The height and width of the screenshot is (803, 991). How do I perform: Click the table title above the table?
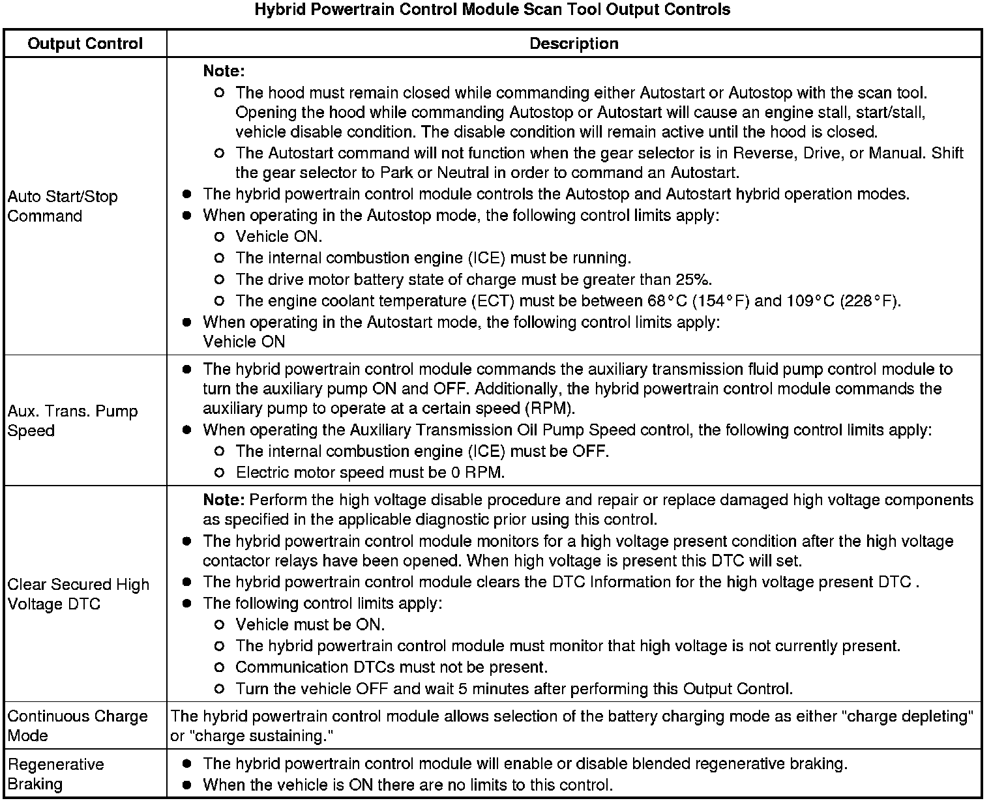(492, 10)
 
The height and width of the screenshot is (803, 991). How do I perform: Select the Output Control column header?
(85, 44)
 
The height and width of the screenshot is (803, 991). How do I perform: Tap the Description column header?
(574, 44)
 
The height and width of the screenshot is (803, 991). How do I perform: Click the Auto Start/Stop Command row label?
(63, 206)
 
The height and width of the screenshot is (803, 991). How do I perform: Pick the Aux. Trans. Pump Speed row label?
(72, 420)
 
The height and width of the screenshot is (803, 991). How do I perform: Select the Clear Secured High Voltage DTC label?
(78, 594)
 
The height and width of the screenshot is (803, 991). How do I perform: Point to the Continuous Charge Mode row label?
(78, 725)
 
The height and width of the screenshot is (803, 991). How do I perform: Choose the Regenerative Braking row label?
(56, 774)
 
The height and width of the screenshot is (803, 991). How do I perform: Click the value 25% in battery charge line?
(693, 280)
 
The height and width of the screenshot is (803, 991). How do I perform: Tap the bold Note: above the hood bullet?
(224, 70)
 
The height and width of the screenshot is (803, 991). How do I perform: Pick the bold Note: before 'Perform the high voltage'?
(224, 500)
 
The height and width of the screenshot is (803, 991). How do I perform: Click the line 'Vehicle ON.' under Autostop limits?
(279, 237)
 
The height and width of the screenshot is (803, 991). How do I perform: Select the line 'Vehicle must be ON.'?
(310, 624)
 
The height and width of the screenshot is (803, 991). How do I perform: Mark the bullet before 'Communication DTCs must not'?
(220, 667)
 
